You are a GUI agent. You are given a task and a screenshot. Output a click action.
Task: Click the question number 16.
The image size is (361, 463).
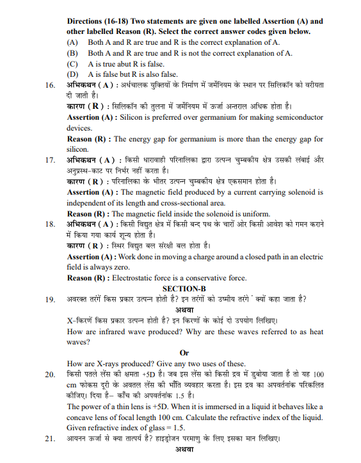[49, 85]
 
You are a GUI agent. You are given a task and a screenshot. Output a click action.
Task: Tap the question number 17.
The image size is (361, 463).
[49, 159]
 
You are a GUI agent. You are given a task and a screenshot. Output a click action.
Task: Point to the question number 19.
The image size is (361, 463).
[49, 299]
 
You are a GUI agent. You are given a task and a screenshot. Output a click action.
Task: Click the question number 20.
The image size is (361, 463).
[49, 373]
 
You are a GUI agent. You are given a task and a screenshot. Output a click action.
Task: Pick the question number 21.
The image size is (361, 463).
[49, 439]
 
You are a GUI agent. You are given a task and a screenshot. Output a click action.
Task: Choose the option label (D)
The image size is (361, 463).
[73, 74]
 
